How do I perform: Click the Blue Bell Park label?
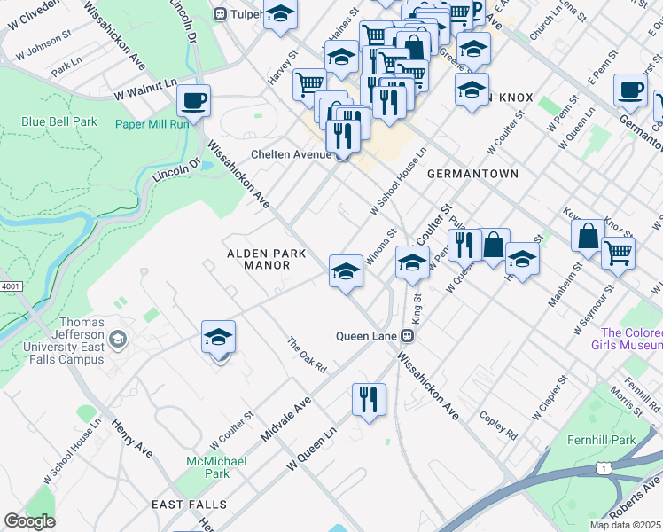(x=60, y=121)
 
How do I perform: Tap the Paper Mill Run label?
(x=152, y=124)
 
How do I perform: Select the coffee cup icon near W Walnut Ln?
(x=193, y=101)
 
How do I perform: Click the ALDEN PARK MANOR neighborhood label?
(x=266, y=259)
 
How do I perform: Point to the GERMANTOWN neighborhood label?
(x=472, y=174)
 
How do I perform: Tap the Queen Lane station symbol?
(x=408, y=336)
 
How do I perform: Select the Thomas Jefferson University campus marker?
(x=117, y=340)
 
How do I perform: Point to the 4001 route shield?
(x=10, y=286)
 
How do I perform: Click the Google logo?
(x=29, y=520)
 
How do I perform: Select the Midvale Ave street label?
(x=286, y=420)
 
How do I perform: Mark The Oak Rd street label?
(x=307, y=355)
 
